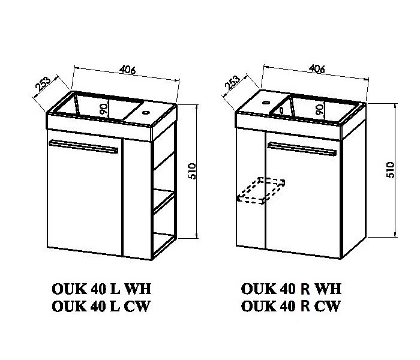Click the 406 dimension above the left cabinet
coord(127,70)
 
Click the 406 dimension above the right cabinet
coord(317,69)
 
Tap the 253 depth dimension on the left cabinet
coord(43,84)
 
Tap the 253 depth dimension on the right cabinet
coord(232,82)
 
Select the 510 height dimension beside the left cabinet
coord(193,171)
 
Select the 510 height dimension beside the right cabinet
coord(391,170)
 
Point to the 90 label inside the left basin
coord(104,109)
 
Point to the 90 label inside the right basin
coord(320,109)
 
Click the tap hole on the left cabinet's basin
coord(146,113)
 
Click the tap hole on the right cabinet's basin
coord(266,102)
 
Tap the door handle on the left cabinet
coord(83,146)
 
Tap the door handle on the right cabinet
coord(302,149)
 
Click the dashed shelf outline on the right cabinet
coord(260,190)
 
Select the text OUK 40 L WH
coord(101,289)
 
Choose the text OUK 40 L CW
coord(100,306)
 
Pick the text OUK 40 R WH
coord(291,289)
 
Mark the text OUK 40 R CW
coord(290,306)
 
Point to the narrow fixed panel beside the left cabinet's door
coord(137,199)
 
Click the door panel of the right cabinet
coord(304,195)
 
